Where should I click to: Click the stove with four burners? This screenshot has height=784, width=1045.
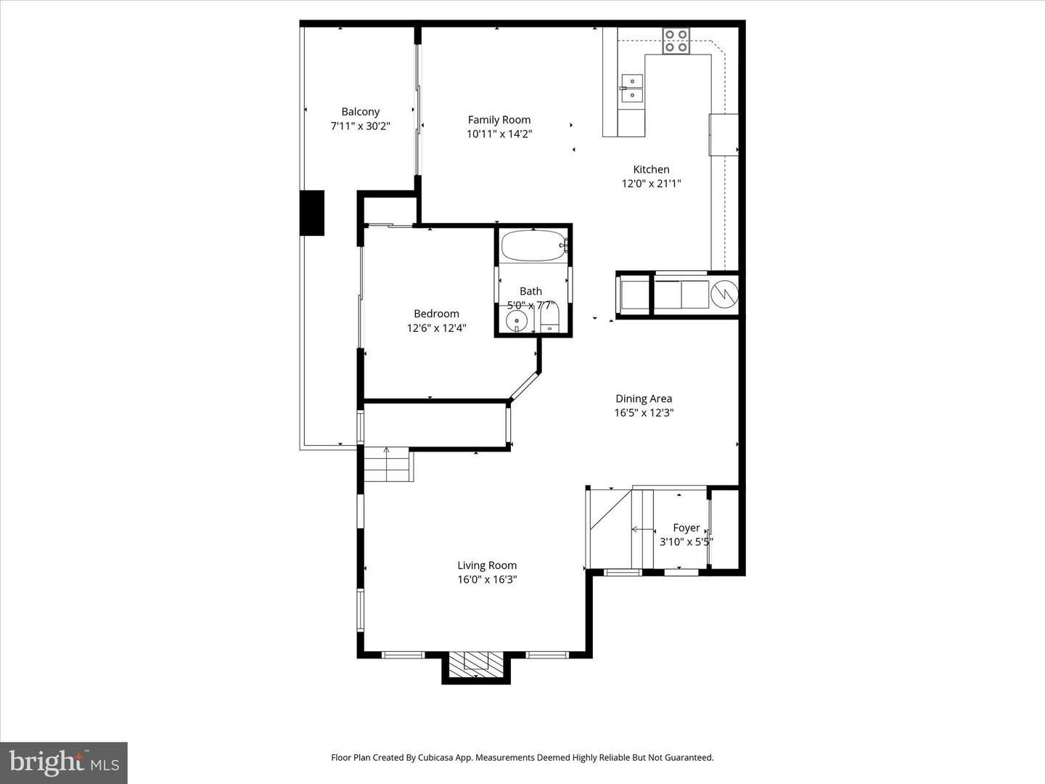click(x=676, y=41)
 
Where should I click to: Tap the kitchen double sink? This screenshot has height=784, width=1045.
click(x=631, y=89)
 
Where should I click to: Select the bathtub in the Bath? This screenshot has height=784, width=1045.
click(x=533, y=246)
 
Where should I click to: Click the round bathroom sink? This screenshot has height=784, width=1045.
click(x=517, y=319)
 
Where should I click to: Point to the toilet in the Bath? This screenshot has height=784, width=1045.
click(x=550, y=319)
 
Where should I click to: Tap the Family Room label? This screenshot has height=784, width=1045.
click(x=499, y=120)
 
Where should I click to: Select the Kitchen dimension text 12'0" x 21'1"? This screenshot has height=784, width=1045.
click(x=651, y=184)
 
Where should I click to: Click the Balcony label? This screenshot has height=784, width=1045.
click(x=360, y=112)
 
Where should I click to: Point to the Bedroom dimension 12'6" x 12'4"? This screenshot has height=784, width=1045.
click(x=436, y=328)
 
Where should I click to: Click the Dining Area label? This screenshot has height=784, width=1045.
click(x=644, y=399)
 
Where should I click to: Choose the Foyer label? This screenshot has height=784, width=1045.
click(x=686, y=528)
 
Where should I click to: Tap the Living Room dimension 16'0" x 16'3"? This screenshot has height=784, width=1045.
click(x=487, y=579)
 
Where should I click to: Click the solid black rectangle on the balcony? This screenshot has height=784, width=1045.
click(x=312, y=213)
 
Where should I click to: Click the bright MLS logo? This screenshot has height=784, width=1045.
click(x=64, y=762)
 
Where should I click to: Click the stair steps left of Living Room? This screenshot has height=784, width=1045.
click(x=388, y=465)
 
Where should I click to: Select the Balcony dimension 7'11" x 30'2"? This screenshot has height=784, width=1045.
click(x=360, y=126)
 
